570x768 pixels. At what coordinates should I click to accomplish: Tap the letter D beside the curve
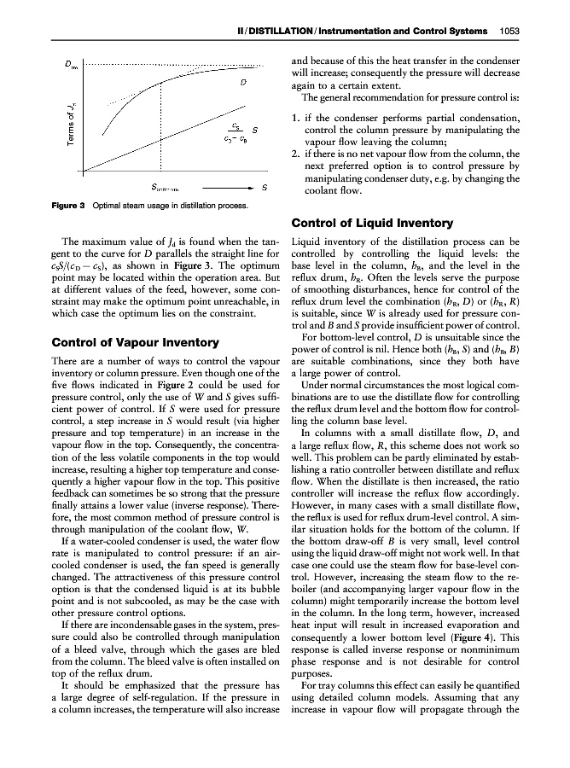244,83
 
